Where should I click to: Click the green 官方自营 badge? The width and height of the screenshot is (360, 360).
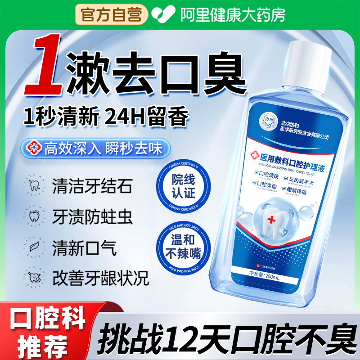[x=111, y=15]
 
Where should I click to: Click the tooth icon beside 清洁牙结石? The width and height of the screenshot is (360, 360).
[x=34, y=186]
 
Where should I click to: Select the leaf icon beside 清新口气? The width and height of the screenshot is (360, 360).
[x=34, y=248]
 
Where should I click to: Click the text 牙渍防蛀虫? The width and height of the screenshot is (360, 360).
[x=92, y=217]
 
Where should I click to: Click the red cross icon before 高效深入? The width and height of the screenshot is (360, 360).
[x=33, y=148]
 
